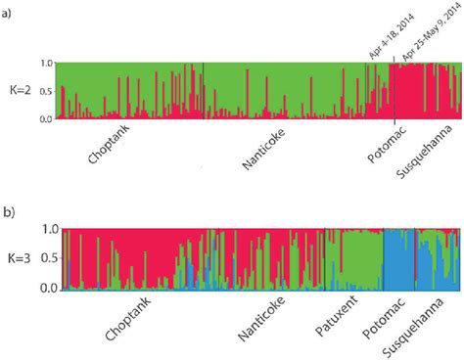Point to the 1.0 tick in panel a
pyautogui.click(x=44, y=63)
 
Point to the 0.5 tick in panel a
pyautogui.click(x=44, y=91)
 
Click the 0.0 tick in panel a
pyautogui.click(x=44, y=118)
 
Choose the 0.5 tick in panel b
pyautogui.click(x=44, y=259)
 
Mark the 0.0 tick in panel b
pyautogui.click(x=44, y=290)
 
